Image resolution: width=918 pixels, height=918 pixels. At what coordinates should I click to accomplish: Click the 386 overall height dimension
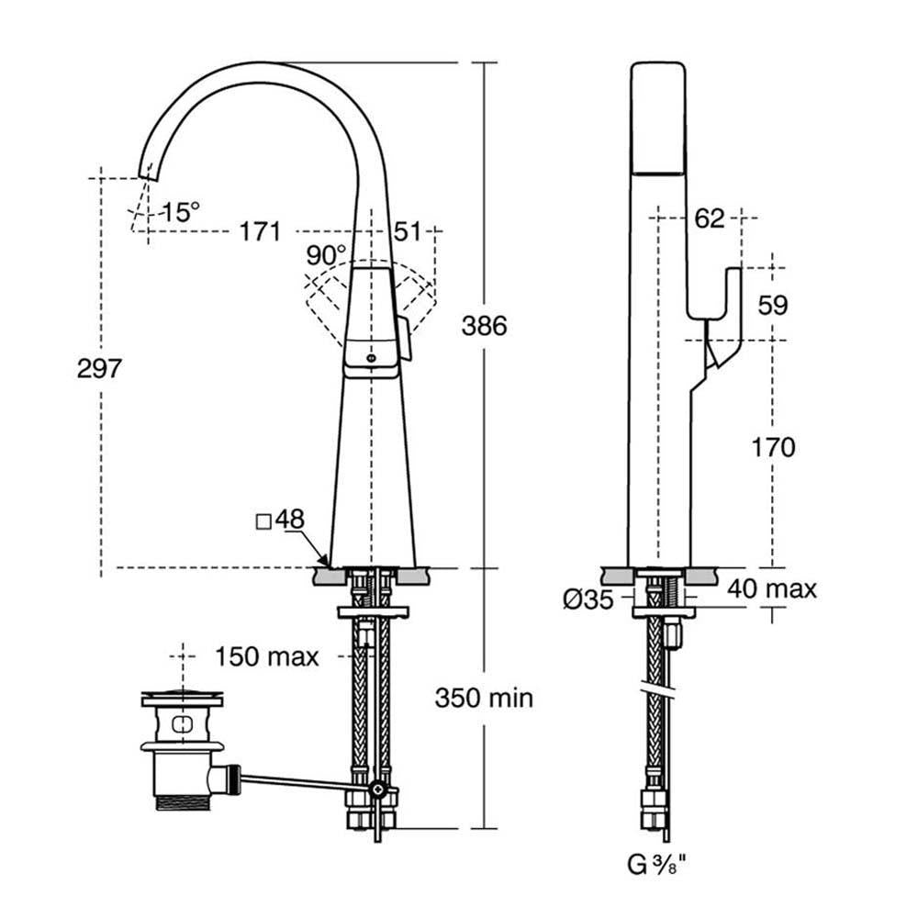pos(484,326)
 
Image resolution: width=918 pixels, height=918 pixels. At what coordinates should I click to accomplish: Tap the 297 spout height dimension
pos(99,368)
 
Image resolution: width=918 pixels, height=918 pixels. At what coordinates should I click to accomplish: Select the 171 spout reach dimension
pos(260,232)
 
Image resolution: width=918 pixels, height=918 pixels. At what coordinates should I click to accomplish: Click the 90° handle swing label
pos(326,254)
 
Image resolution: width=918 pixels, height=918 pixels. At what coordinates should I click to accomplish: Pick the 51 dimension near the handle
pos(407,231)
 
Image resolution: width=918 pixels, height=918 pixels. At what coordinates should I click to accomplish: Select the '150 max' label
pos(267,657)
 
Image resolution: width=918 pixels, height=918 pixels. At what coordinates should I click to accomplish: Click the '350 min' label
pos(484,698)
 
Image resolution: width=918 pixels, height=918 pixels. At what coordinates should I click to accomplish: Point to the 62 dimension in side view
pos(710,218)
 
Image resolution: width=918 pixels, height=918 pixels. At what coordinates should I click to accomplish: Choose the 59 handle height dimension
pos(773,305)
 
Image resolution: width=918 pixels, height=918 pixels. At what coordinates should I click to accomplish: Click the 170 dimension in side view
pos(773,447)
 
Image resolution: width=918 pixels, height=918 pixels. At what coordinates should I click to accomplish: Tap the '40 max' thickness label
pos(772,588)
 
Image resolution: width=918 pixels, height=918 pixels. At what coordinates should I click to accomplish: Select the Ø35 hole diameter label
pos(588,599)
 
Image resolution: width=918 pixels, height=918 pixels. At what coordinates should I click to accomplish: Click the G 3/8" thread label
pos(656,865)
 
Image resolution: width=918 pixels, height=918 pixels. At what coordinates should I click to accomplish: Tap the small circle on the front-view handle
pos(369,358)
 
